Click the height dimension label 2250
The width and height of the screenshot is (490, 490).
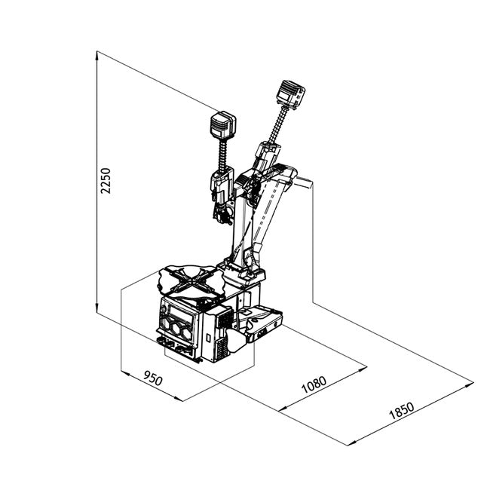pyautogui.click(x=106, y=181)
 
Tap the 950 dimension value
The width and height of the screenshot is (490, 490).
pyautogui.click(x=153, y=378)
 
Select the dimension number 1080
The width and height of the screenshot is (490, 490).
pyautogui.click(x=314, y=384)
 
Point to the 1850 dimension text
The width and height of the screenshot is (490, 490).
pyautogui.click(x=402, y=410)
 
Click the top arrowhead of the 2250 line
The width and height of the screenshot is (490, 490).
pyautogui.click(x=97, y=56)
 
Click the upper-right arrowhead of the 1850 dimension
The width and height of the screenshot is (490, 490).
pyautogui.click(x=470, y=384)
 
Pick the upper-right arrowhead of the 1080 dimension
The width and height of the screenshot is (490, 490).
pyautogui.click(x=363, y=369)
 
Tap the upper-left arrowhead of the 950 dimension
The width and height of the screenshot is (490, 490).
pyautogui.click(x=125, y=372)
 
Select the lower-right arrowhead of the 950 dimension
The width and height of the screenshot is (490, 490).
pyautogui.click(x=179, y=398)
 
